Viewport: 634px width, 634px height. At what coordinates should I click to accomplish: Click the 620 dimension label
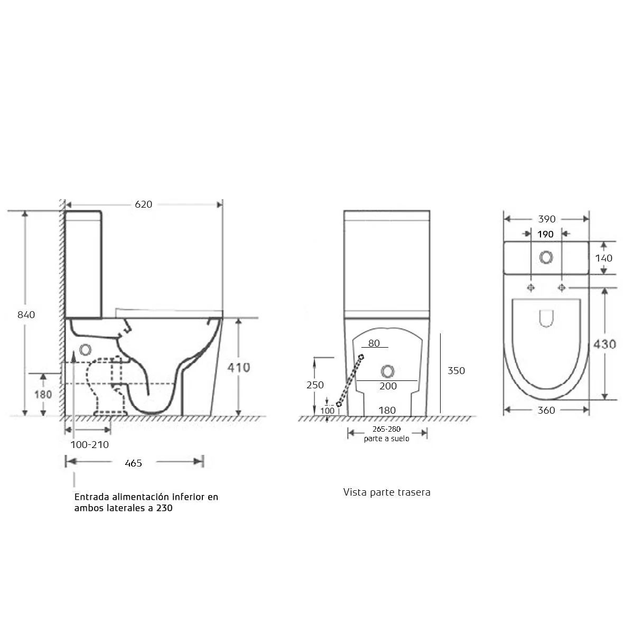144,204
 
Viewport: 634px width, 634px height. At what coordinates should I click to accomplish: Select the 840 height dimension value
26,315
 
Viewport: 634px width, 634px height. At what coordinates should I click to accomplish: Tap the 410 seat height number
238,368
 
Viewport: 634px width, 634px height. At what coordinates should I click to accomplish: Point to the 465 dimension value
133,463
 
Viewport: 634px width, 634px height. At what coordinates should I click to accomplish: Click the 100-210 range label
89,445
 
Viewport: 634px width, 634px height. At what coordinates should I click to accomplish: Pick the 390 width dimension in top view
546,219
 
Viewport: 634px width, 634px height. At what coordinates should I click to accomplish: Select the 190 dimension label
545,234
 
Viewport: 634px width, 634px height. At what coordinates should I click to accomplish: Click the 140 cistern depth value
604,258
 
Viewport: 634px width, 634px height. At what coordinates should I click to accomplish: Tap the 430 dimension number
605,344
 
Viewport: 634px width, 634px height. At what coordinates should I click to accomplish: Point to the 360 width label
546,411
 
